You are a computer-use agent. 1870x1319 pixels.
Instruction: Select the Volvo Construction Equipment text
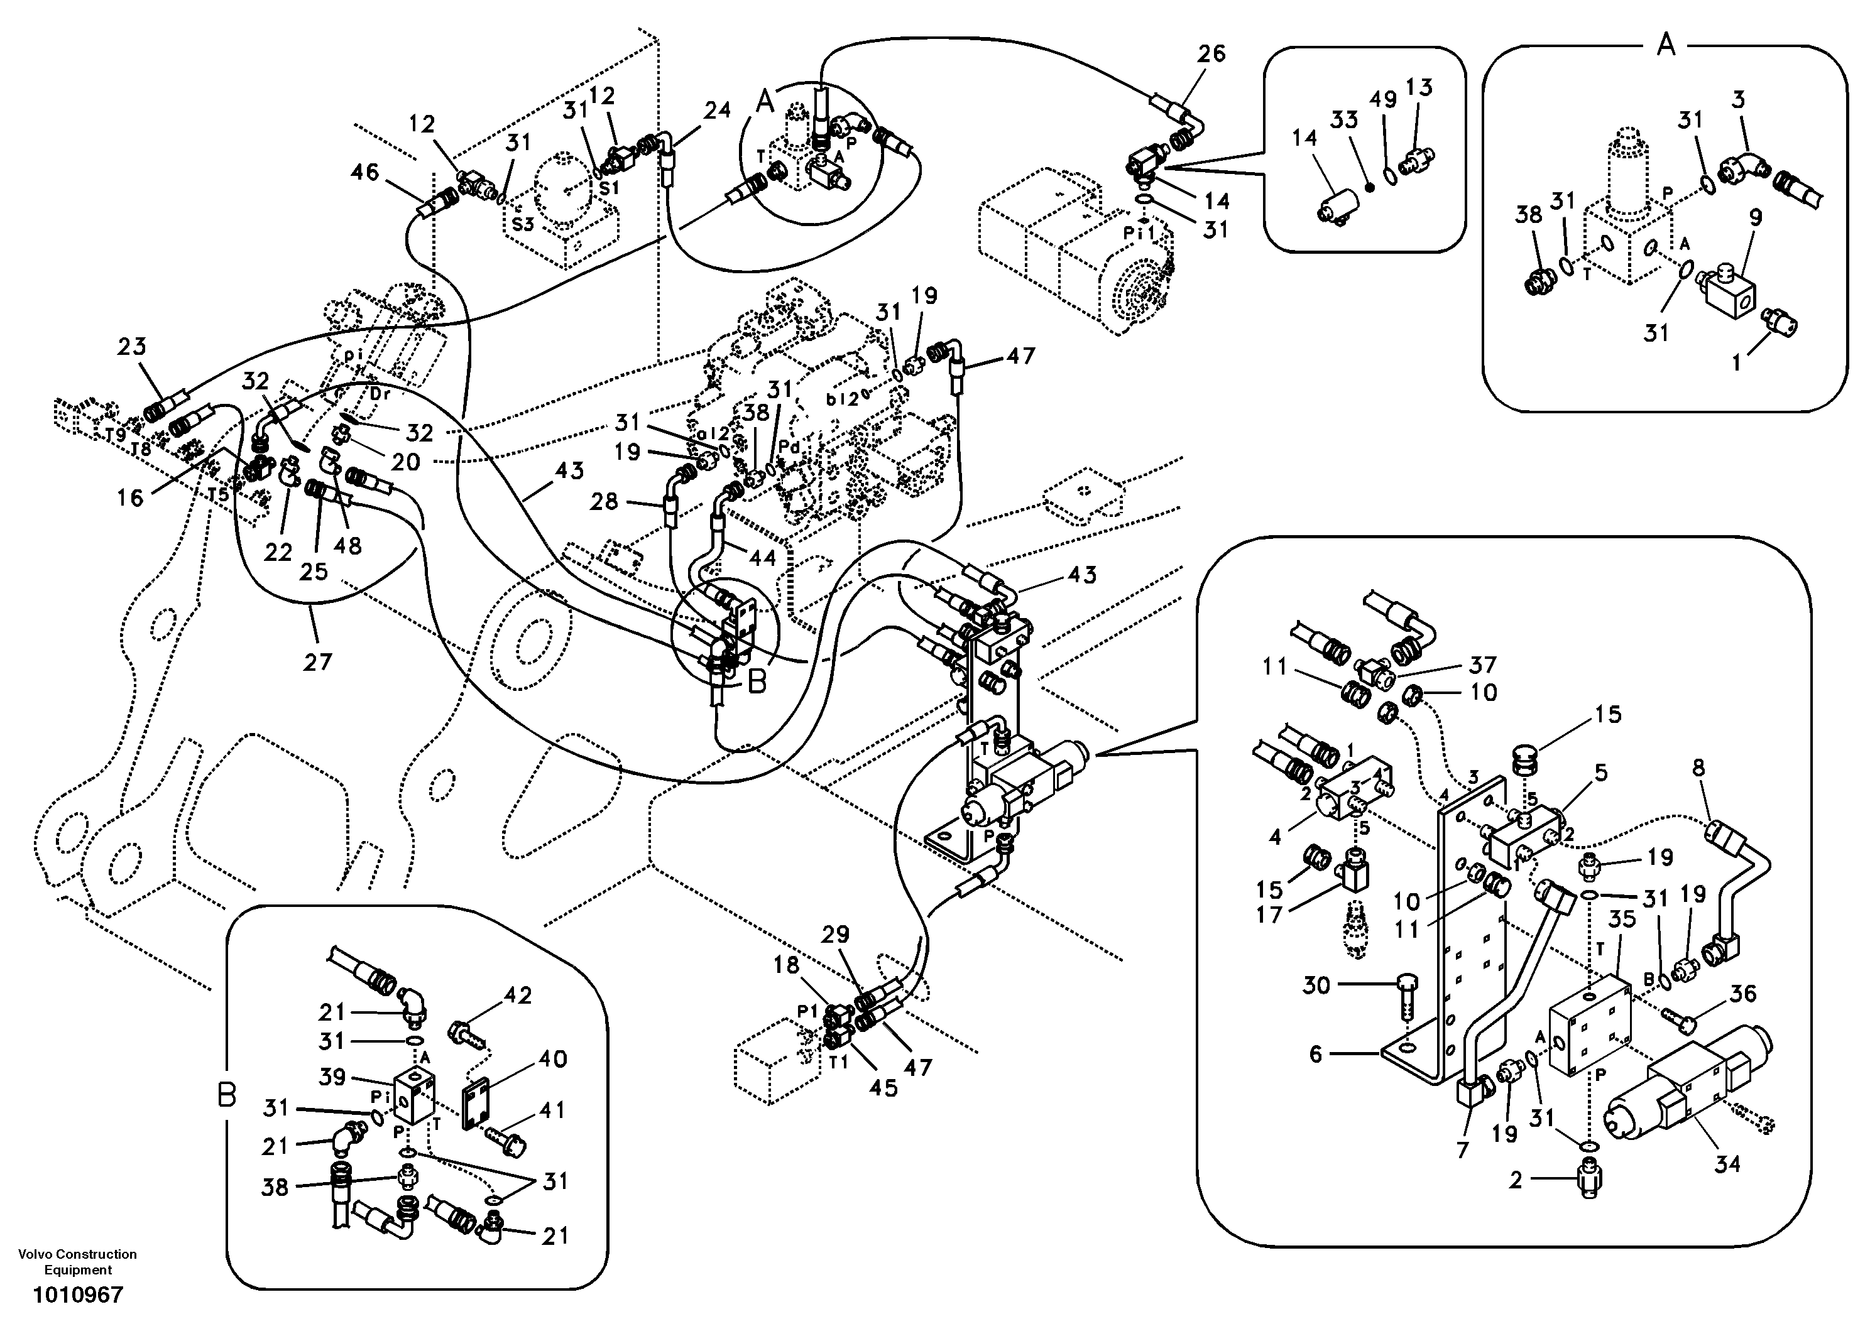78,1262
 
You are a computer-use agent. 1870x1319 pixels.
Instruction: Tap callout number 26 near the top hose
1211,54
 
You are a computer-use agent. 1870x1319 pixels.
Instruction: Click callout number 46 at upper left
365,172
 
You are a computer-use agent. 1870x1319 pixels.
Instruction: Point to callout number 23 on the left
131,347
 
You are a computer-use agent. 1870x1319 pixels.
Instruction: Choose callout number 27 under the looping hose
318,662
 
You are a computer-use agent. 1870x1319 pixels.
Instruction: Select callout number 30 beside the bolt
1316,985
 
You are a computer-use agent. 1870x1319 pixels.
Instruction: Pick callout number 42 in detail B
518,996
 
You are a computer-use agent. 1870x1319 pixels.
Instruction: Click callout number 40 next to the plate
553,1059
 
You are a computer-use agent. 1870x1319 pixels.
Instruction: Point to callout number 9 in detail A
1755,217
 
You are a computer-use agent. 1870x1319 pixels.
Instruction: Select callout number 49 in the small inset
1383,99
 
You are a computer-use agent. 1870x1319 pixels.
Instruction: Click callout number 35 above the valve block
1622,920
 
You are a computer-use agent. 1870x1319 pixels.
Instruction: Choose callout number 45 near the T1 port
883,1087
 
